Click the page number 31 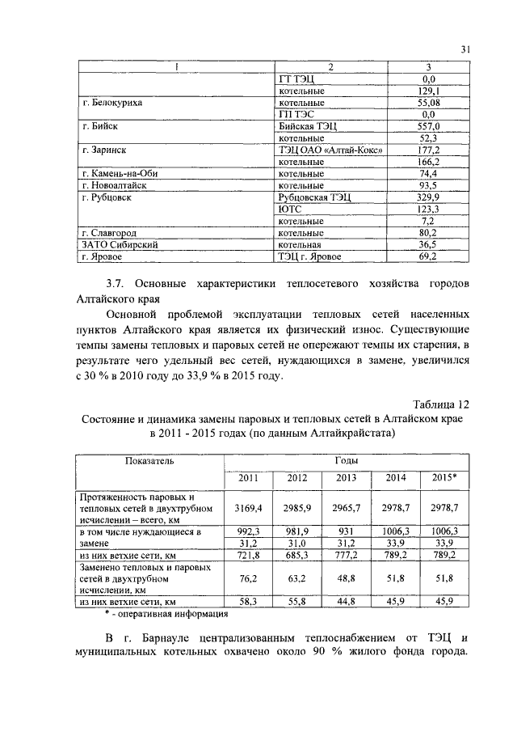point(465,50)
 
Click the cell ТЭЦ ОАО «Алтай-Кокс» point(330,150)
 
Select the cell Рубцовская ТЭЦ point(313,197)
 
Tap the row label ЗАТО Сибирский point(120,243)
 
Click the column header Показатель point(149,460)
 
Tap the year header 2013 point(346,477)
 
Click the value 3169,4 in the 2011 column point(248,507)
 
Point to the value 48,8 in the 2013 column point(346,578)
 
